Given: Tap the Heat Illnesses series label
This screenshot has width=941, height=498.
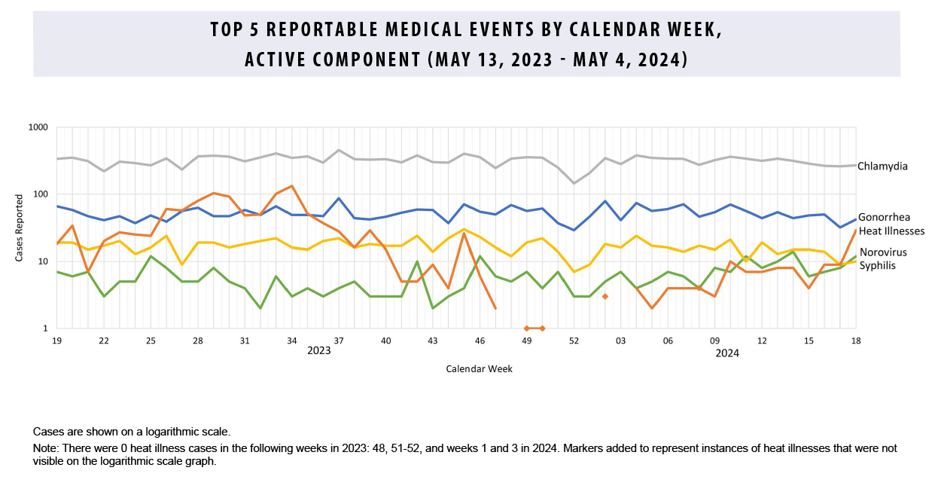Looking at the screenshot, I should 891,231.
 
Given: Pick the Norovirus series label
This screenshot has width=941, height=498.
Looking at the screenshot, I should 883,252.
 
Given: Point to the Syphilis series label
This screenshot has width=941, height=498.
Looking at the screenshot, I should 877,265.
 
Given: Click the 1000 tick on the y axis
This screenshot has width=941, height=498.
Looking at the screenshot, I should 38,128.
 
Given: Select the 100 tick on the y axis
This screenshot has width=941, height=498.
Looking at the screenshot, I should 40,195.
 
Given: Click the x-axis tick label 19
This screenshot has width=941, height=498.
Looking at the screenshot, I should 56,341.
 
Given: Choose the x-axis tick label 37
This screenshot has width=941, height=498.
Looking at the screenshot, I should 339,341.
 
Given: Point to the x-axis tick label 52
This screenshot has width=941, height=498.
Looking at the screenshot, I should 574,341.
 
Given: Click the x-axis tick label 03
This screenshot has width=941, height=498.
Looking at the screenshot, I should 621,341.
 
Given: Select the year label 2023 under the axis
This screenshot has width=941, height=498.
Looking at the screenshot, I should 318,351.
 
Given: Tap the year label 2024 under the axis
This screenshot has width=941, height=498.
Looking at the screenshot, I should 727,353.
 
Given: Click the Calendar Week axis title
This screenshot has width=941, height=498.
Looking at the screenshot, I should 479,369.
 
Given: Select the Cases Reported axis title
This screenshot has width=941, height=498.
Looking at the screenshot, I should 20,228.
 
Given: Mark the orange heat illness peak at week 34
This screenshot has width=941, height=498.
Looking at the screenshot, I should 291,186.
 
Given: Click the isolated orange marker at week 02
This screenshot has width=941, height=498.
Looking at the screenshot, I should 605,297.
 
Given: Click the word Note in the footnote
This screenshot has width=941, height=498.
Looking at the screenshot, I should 45,448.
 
